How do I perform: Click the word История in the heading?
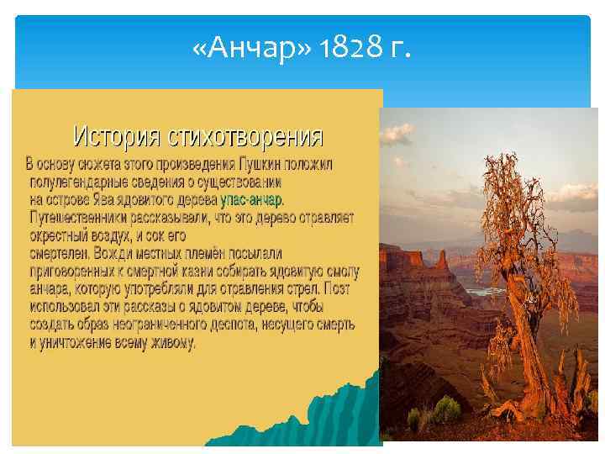click(117, 135)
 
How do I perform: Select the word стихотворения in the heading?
click(244, 135)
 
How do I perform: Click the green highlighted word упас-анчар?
click(251, 200)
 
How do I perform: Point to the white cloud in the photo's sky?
click(571, 198)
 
